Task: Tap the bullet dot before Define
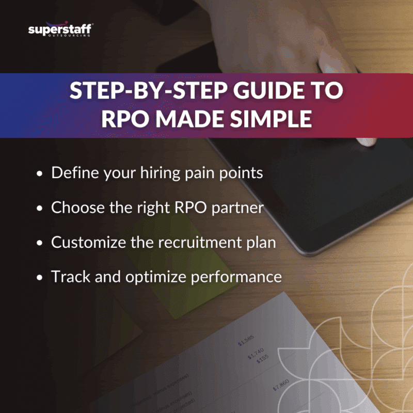(40, 174)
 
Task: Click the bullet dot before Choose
(40, 209)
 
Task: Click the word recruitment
(196, 242)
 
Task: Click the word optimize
(154, 277)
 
